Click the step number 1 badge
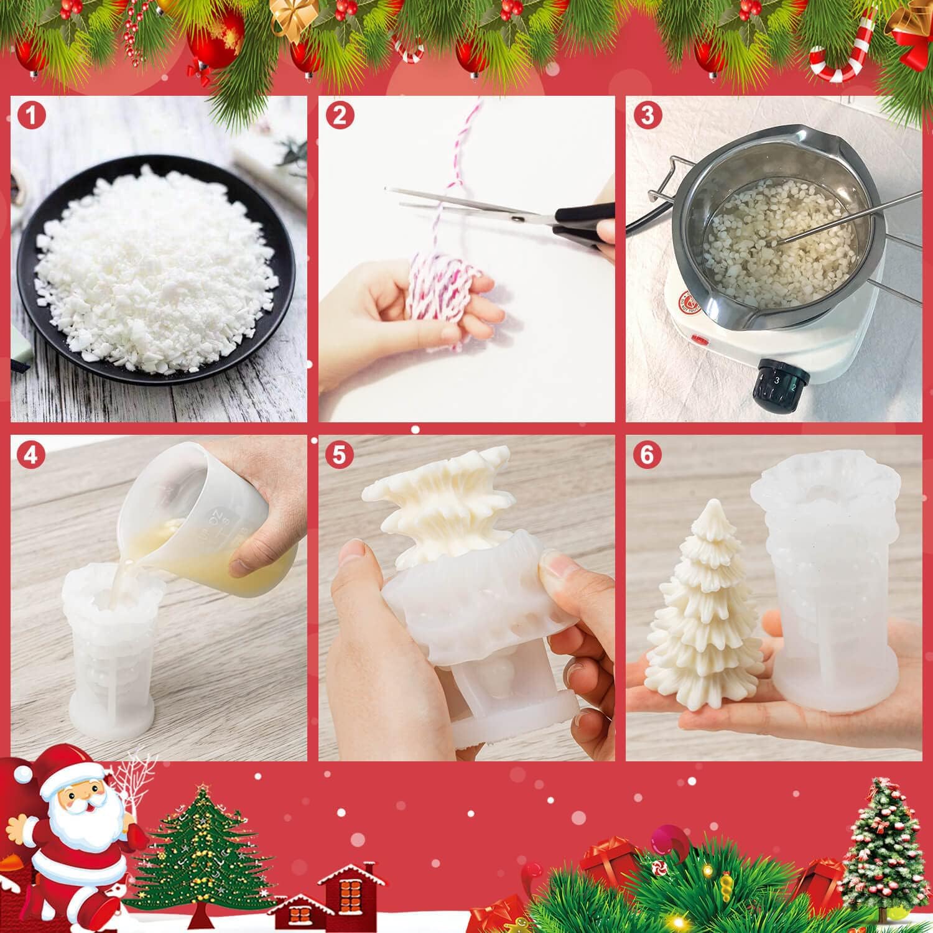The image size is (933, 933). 29,116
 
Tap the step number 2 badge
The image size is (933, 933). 339,116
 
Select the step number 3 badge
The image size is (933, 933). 647,116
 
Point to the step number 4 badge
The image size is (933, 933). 29,455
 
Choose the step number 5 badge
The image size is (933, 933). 339,455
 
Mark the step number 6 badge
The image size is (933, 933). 647,455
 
